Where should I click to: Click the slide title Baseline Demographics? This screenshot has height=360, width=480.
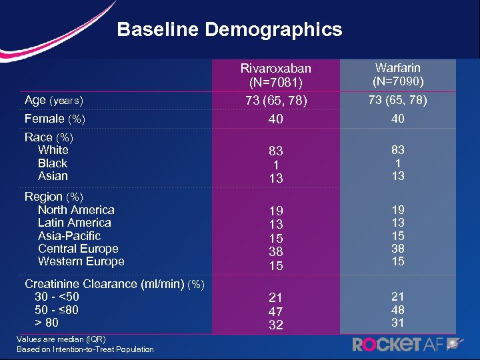pos(229,30)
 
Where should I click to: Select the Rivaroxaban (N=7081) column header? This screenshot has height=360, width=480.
pos(275,75)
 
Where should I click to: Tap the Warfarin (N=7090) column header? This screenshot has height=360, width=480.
pos(398,75)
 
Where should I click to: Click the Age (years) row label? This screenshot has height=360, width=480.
pos(53,101)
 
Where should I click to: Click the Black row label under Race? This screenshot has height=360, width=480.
pos(53,163)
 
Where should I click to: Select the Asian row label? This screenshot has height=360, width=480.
pos(53,176)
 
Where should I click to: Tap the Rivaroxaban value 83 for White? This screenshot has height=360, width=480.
pos(275,152)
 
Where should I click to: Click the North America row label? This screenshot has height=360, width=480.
pos(76,210)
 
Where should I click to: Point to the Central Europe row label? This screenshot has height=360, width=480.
pos(78,249)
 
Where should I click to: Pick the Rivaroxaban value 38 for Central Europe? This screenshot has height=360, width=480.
pos(275,252)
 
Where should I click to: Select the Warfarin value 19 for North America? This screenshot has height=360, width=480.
pos(398,209)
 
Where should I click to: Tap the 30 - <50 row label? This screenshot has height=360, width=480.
pos(57,297)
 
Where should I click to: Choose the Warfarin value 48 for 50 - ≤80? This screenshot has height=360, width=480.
pos(398,309)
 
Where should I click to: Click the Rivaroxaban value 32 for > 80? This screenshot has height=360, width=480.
pos(275,325)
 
